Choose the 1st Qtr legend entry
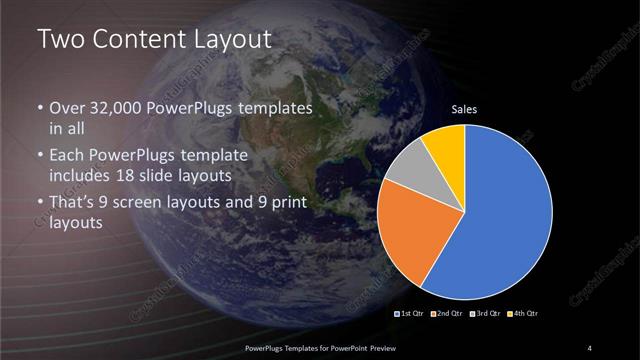point(413,314)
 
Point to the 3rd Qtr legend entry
point(485,314)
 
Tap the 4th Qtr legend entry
point(521,314)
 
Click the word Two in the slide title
point(58,40)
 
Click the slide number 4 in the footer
point(590,347)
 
